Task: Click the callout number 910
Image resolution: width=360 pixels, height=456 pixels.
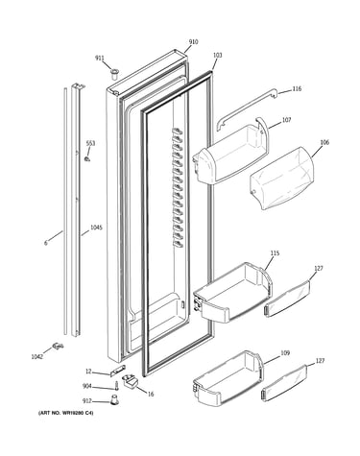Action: click(193, 42)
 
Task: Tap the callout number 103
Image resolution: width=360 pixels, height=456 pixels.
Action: click(217, 56)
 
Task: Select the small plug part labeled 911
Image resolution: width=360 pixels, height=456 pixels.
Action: click(114, 74)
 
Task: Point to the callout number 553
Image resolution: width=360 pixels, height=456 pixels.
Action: click(90, 144)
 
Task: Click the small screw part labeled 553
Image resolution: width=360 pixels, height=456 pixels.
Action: click(86, 158)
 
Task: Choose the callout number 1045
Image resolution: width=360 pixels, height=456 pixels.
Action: click(96, 228)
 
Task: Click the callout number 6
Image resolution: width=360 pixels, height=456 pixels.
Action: click(46, 243)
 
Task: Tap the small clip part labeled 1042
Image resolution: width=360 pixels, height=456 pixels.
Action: click(58, 346)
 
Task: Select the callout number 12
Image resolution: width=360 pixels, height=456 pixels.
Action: click(88, 372)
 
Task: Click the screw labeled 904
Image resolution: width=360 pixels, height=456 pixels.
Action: click(117, 385)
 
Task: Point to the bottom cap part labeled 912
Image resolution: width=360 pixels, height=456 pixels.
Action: click(113, 399)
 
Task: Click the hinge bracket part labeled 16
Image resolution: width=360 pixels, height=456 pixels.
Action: click(130, 381)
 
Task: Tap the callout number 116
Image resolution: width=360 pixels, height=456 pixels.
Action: click(297, 88)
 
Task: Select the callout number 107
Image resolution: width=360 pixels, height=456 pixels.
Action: click(286, 120)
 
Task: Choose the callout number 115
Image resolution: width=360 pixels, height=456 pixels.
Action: click(275, 253)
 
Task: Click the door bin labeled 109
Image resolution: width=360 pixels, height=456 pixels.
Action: click(228, 377)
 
